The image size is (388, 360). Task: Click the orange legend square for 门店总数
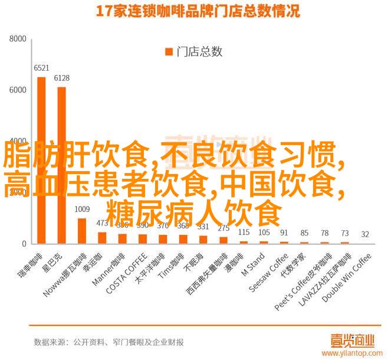click(x=167, y=52)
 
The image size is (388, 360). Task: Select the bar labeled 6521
click(x=41, y=159)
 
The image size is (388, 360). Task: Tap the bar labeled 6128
click(x=61, y=165)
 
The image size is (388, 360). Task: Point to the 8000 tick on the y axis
click(x=18, y=39)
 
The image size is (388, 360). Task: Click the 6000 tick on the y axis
click(x=18, y=90)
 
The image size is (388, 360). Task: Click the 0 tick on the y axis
click(x=24, y=244)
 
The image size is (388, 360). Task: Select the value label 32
click(x=365, y=235)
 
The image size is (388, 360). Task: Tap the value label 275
click(x=223, y=228)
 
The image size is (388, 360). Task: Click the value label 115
click(x=244, y=233)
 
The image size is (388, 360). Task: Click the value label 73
click(x=345, y=233)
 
